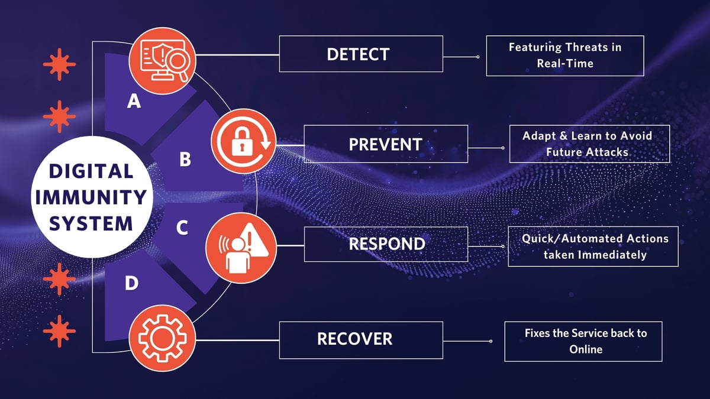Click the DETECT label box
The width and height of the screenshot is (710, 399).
click(360, 54)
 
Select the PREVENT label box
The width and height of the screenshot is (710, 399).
click(386, 144)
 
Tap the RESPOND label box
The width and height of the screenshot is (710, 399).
click(386, 244)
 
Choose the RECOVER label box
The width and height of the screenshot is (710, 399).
click(360, 339)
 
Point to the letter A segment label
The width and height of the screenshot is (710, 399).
click(134, 102)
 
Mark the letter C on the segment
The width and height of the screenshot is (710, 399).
click(182, 228)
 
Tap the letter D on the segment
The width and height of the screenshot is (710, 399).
click(131, 284)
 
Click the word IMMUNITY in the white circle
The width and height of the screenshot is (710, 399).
click(90, 197)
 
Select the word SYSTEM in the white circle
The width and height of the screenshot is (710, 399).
click(91, 223)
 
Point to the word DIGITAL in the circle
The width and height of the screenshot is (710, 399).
click(91, 171)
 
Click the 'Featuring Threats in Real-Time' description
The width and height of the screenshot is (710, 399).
click(564, 55)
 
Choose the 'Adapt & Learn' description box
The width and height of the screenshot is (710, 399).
click(589, 144)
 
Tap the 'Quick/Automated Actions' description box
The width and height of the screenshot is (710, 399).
click(592, 246)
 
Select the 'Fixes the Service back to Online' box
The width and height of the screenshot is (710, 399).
click(583, 341)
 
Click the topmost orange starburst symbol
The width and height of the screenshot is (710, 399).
click(59, 64)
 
